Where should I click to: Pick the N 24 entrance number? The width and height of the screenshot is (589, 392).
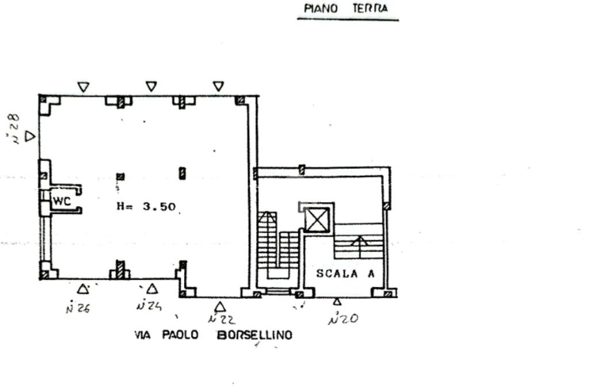click(x=148, y=306)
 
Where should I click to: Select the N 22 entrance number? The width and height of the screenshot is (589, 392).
click(x=221, y=319)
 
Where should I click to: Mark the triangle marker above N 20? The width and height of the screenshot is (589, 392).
click(x=337, y=301)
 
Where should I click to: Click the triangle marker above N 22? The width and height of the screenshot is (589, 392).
click(x=220, y=307)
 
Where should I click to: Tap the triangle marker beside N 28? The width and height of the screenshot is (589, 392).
click(x=30, y=136)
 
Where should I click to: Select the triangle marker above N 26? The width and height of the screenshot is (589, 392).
click(x=83, y=289)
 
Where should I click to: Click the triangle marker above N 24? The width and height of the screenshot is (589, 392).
click(x=152, y=289)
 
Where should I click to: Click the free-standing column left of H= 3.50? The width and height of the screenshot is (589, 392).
click(x=120, y=177)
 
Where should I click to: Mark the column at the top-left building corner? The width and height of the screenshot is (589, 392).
click(x=43, y=99)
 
